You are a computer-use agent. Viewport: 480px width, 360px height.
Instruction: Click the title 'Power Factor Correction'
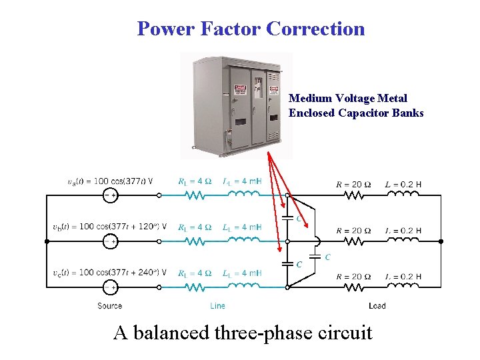(251, 29)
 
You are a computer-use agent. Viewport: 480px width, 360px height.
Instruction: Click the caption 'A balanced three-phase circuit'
(243, 331)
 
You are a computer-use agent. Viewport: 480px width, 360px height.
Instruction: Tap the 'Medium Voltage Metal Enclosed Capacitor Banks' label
(356, 106)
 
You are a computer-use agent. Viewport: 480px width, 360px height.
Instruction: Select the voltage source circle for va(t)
(109, 195)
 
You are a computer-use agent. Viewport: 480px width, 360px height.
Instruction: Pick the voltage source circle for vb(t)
(109, 241)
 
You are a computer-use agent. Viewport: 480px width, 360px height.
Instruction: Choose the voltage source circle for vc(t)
(109, 287)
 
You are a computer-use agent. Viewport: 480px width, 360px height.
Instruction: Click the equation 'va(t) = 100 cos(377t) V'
(110, 181)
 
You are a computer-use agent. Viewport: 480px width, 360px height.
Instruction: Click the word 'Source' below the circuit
(109, 306)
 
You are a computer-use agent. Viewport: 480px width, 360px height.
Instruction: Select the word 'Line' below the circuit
(217, 306)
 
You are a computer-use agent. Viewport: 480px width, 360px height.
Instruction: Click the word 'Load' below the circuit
(377, 306)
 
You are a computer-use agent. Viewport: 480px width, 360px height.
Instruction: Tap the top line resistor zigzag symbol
(195, 195)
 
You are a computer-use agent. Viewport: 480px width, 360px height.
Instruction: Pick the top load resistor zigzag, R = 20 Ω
(353, 195)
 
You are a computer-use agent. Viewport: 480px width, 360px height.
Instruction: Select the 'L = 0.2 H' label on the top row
(404, 184)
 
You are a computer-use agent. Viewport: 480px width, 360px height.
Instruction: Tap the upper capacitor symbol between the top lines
(287, 218)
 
